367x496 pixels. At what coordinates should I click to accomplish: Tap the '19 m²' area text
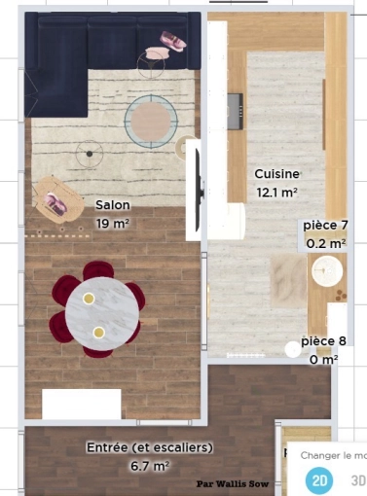coord(114,223)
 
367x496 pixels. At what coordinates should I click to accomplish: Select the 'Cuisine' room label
coord(276,174)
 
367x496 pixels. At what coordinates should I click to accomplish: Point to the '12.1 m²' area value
coord(276,193)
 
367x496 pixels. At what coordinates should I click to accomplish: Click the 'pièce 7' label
coord(325,226)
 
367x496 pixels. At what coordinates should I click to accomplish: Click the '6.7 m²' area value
coord(149,467)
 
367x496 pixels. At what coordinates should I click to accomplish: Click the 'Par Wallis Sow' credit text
coord(231,481)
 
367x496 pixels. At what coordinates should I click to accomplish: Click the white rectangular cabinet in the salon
coord(81,404)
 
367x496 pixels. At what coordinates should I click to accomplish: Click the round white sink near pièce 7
coord(327,272)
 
